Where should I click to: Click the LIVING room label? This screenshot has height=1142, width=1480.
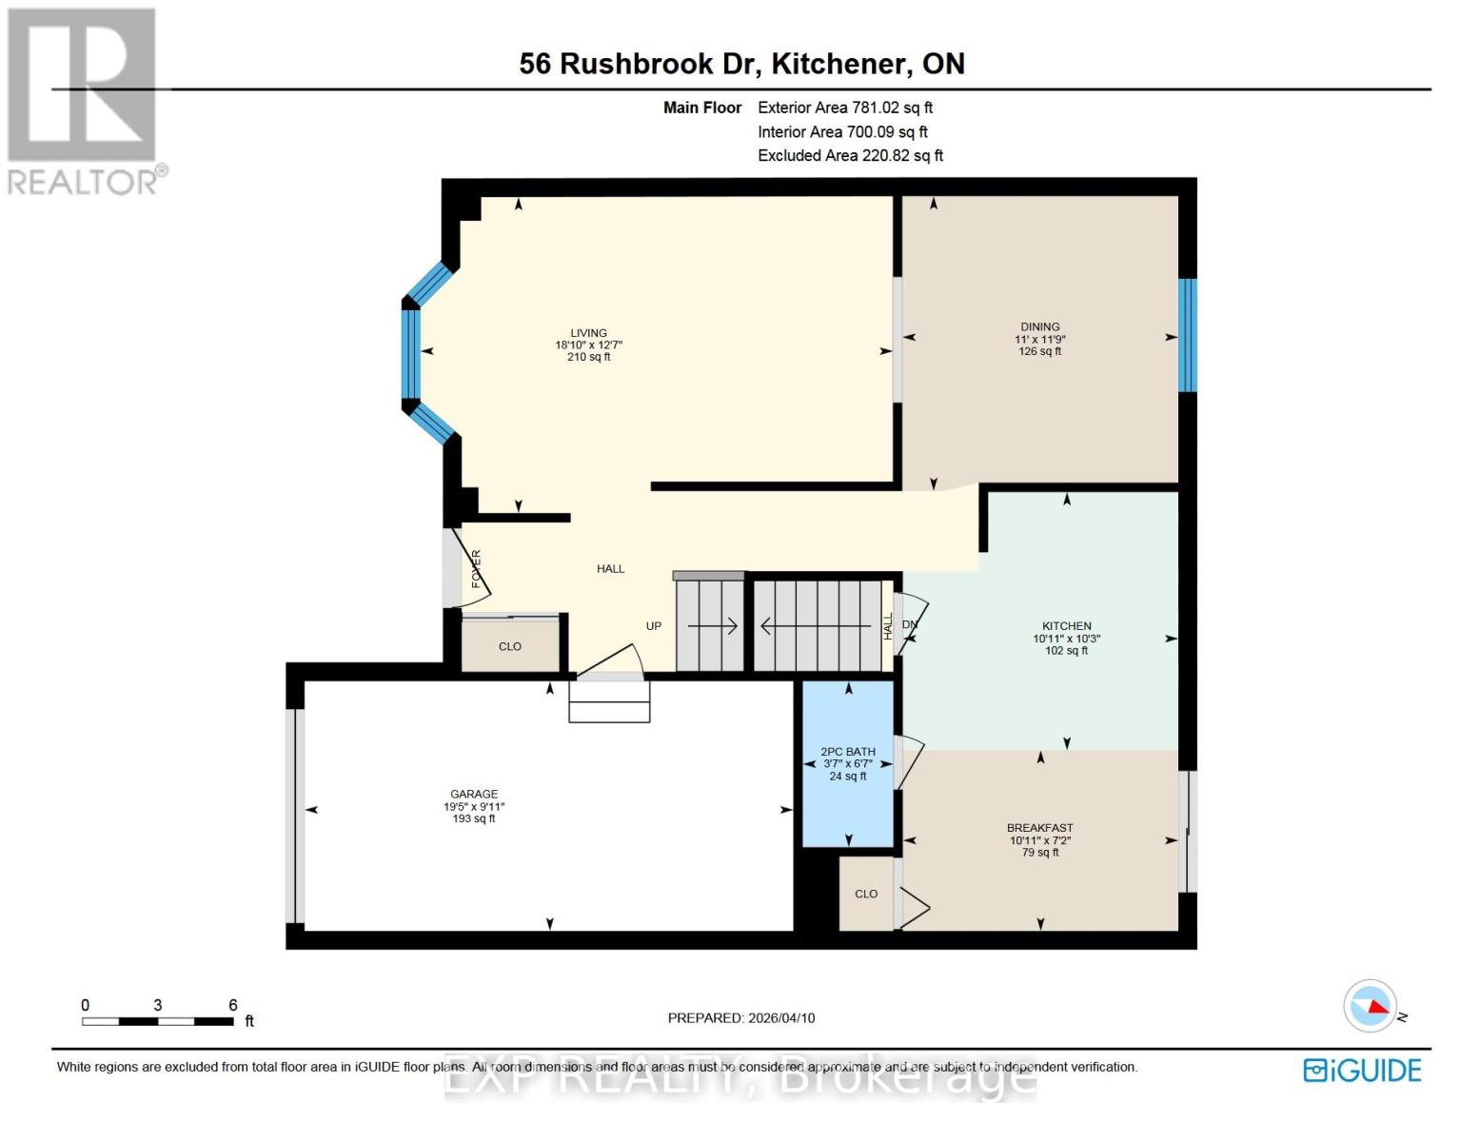[x=588, y=333]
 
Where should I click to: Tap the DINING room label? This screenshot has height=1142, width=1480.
[x=1039, y=326]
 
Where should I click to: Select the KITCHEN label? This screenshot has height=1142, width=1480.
[x=1066, y=626]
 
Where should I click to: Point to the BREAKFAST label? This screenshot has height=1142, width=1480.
[x=1039, y=828]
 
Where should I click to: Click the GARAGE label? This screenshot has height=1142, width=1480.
[x=474, y=794]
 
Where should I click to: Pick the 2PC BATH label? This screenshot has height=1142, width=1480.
[x=848, y=752]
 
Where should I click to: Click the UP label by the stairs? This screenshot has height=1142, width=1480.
[x=654, y=626]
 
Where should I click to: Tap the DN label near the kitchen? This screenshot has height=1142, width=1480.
[x=910, y=625]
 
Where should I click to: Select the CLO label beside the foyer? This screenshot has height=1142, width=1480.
[x=510, y=646]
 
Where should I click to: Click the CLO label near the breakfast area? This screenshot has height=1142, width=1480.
[x=866, y=894]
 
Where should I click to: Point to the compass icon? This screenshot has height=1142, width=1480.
[x=1371, y=1006]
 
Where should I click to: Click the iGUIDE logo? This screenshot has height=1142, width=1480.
[x=1362, y=1071]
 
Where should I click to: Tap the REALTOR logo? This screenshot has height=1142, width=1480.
[x=84, y=100]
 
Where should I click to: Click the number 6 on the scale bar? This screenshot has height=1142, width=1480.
[x=233, y=1005]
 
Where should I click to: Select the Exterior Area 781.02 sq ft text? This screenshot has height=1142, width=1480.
[x=845, y=108]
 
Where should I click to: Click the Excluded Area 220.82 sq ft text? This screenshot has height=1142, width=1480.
[x=850, y=155]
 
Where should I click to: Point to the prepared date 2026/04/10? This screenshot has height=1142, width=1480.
[x=781, y=1018]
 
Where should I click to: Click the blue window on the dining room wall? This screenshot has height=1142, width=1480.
[x=1187, y=335]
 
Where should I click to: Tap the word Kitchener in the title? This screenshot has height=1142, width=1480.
[x=838, y=64]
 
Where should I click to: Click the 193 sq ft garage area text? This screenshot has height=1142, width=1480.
[x=474, y=818]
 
